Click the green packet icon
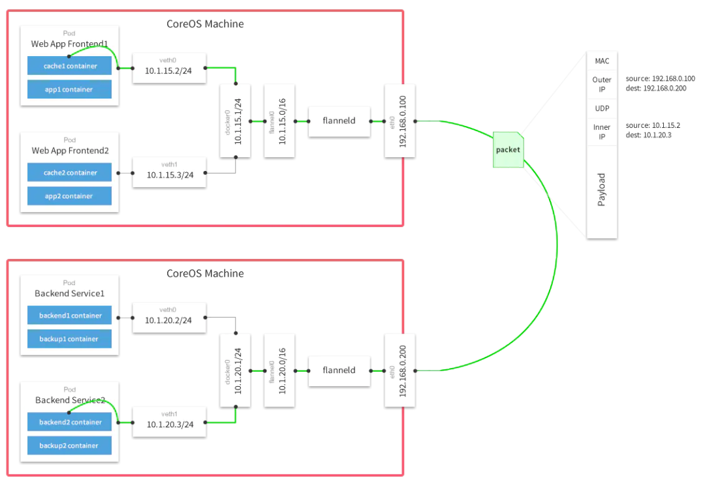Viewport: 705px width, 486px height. point(508,149)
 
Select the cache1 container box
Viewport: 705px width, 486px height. point(69,66)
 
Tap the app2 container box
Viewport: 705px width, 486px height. point(69,196)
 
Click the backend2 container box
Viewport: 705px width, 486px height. point(69,422)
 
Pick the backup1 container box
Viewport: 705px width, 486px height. point(69,339)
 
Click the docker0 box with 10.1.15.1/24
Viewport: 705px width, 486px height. point(235,121)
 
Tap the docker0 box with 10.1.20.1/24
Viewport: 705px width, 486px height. point(235,370)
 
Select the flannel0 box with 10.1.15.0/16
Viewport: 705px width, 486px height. point(279,121)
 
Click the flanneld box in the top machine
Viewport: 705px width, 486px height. point(339,121)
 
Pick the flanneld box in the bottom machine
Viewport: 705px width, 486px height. point(339,370)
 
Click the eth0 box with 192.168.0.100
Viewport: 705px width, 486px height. point(399,121)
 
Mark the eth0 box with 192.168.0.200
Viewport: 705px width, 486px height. point(399,370)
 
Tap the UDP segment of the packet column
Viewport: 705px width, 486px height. point(602,108)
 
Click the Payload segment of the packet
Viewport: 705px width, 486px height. point(602,190)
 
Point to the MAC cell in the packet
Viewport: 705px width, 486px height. point(602,61)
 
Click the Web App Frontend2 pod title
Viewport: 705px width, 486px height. point(69,151)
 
